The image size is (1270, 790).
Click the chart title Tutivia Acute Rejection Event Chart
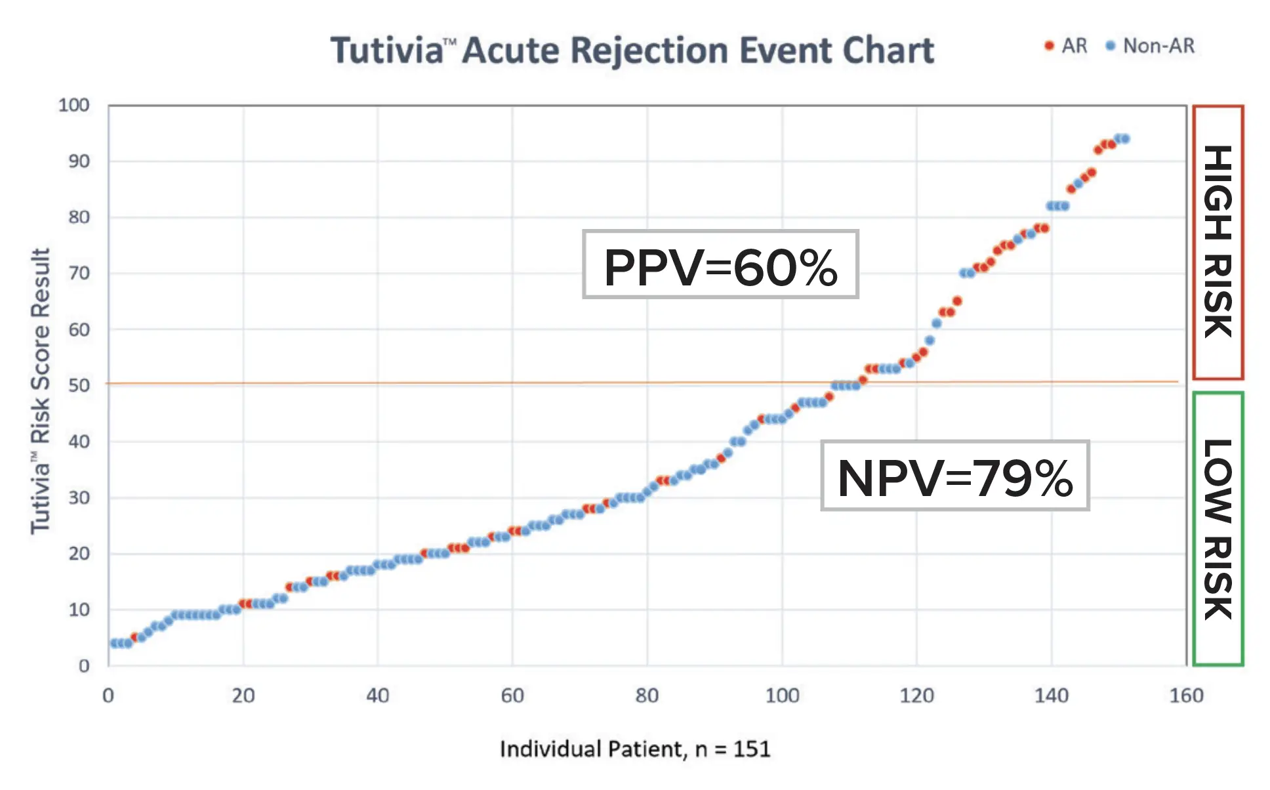632,51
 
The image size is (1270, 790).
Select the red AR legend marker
1049,46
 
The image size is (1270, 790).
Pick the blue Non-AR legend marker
1110,46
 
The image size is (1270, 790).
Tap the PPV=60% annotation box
720,265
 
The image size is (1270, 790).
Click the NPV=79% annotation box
954,476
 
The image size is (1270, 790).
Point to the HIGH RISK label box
1218,242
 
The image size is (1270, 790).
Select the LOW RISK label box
1218,529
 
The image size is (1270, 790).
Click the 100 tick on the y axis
73,105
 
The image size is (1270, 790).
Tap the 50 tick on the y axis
79,385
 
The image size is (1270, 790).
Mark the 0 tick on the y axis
83,666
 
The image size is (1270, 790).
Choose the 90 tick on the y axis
79,161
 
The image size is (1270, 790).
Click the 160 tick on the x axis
1186,696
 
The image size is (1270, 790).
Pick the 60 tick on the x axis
512,696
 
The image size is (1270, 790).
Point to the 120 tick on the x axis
916,696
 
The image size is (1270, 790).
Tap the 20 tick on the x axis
243,696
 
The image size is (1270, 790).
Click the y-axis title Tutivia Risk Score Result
40,391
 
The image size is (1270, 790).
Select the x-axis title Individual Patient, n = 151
634,749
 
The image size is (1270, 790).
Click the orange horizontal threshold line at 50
459,383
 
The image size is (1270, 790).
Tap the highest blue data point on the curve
1126,138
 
